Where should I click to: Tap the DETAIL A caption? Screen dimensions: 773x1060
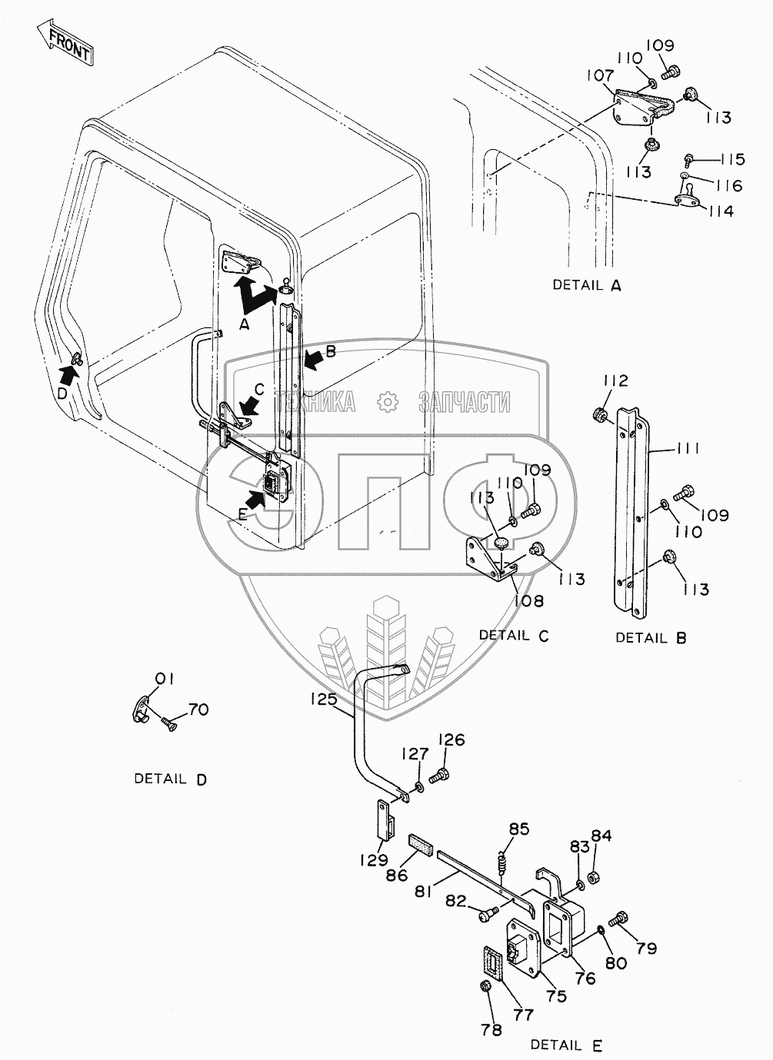(586, 285)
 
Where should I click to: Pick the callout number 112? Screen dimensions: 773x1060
(615, 380)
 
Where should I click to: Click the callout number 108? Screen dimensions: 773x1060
(529, 600)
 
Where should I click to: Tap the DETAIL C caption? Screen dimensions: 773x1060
(514, 635)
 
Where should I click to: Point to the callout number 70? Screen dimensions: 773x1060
(198, 709)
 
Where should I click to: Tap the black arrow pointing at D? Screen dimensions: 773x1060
(69, 376)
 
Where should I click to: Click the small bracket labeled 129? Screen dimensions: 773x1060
(386, 826)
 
